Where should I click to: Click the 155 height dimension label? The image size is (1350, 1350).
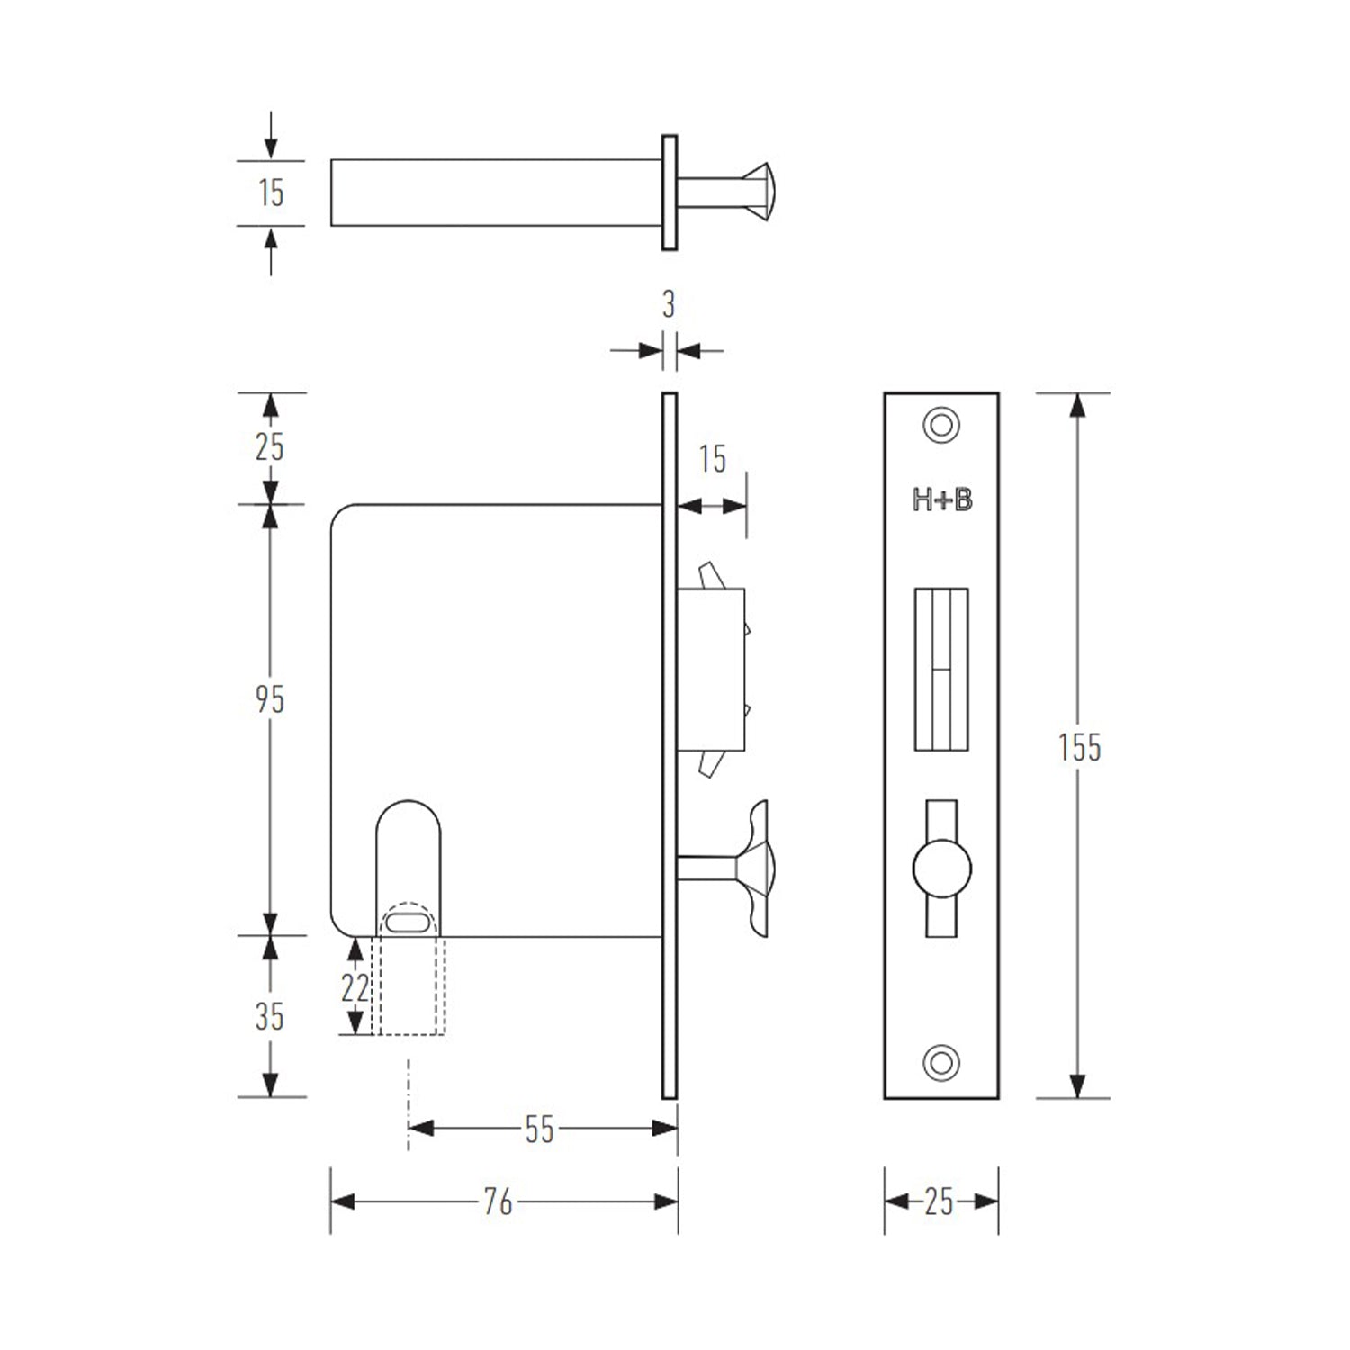pyautogui.click(x=1078, y=747)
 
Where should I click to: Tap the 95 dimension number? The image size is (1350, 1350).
pyautogui.click(x=269, y=699)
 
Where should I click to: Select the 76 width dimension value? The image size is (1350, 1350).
pyautogui.click(x=498, y=1201)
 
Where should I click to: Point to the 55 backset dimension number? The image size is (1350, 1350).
pyautogui.click(x=539, y=1129)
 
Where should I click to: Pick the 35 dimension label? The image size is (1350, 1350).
pyautogui.click(x=269, y=1017)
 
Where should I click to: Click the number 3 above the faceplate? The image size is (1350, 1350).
pyautogui.click(x=668, y=305)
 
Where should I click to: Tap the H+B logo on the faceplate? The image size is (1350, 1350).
pyautogui.click(x=941, y=499)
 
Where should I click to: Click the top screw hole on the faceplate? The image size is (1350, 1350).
pyautogui.click(x=941, y=425)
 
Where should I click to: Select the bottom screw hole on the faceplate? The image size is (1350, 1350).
pyautogui.click(x=941, y=1062)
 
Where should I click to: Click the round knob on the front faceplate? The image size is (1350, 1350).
pyautogui.click(x=941, y=869)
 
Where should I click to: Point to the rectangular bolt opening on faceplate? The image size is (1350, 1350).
pyautogui.click(x=941, y=669)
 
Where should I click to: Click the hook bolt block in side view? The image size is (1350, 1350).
pyautogui.click(x=711, y=669)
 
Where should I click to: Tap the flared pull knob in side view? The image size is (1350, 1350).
pyautogui.click(x=754, y=868)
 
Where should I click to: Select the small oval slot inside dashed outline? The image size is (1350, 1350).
pyautogui.click(x=409, y=922)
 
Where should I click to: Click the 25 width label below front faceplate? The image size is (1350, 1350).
pyautogui.click(x=938, y=1201)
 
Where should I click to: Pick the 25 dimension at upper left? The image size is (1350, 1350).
pyautogui.click(x=269, y=446)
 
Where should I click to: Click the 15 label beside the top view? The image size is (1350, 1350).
pyautogui.click(x=271, y=193)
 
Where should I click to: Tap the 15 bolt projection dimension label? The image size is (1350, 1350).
pyautogui.click(x=712, y=459)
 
